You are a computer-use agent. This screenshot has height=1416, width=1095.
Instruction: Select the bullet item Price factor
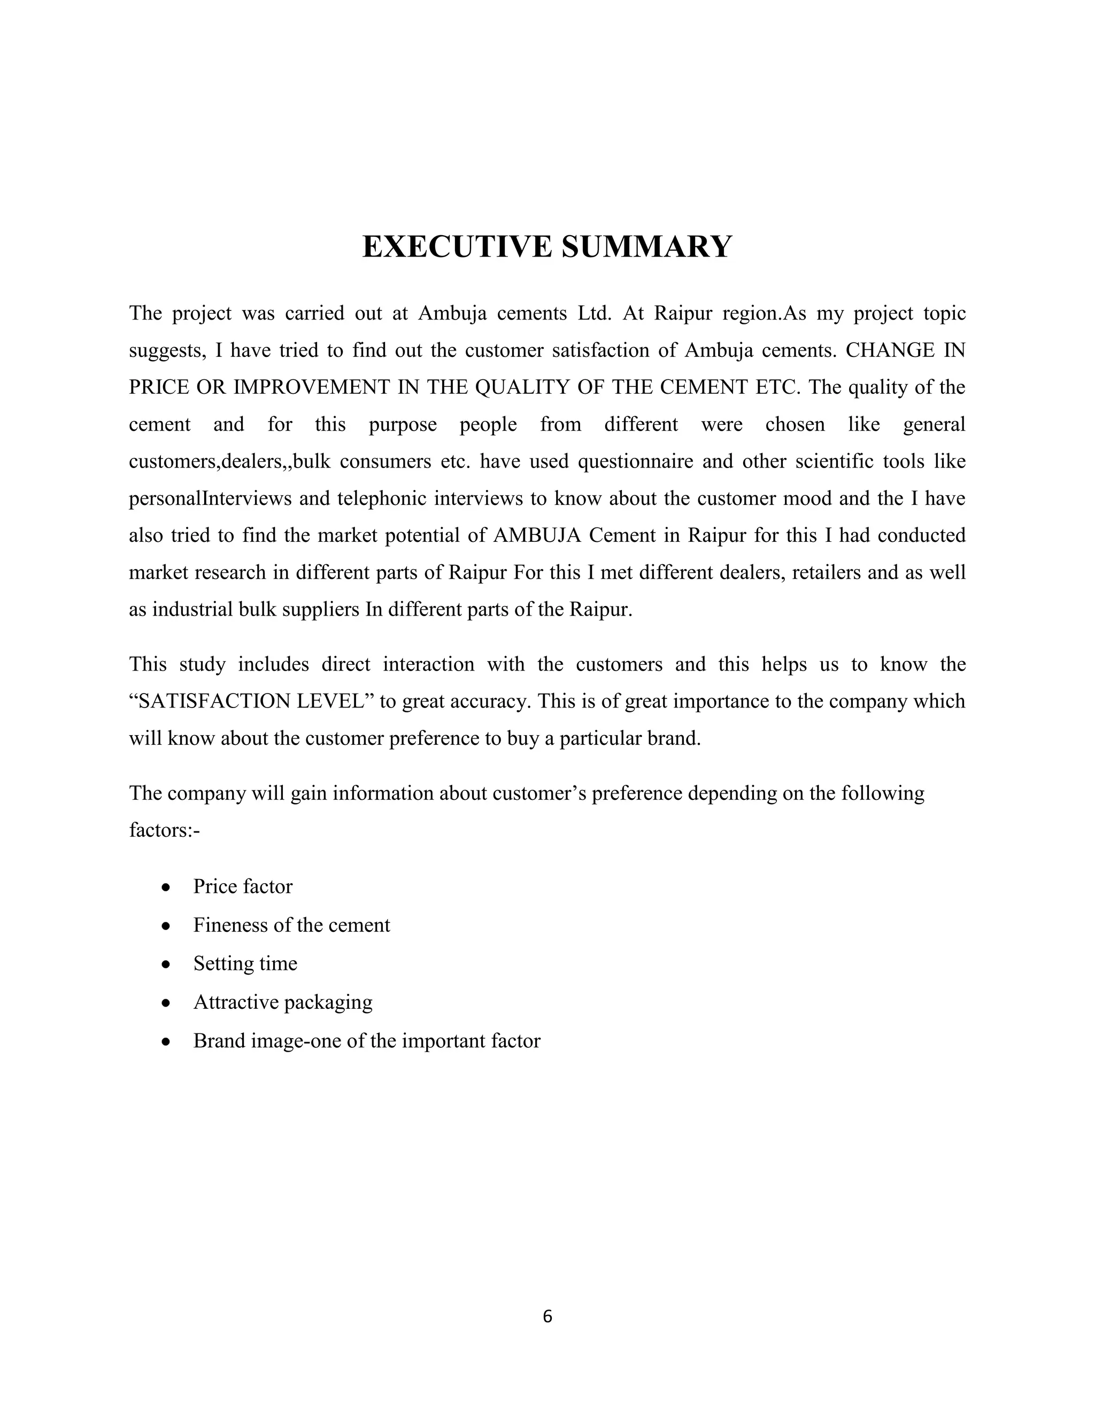point(243,886)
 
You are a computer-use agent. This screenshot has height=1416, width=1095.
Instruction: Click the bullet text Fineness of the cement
point(291,925)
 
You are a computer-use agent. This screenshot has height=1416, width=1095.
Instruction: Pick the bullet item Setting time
point(245,963)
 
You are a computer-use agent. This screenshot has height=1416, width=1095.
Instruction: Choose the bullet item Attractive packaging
point(283,1002)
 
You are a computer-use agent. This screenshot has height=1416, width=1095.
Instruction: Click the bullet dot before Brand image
point(167,1042)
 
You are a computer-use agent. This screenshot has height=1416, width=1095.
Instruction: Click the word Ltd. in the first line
point(594,314)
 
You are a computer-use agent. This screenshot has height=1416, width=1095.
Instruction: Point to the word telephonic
point(375,499)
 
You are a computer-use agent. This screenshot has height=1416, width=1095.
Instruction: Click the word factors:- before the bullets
point(164,830)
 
